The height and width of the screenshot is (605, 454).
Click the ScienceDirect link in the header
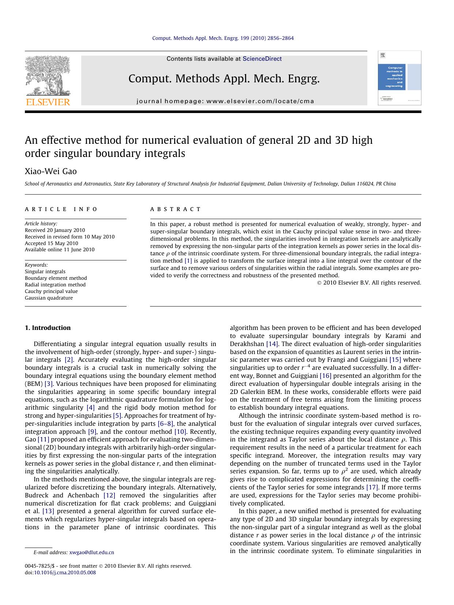262,59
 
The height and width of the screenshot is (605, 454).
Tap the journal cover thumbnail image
399,78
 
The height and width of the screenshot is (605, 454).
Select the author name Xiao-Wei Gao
50,171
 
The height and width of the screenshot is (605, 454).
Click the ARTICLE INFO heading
61,209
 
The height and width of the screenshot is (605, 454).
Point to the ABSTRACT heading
175,209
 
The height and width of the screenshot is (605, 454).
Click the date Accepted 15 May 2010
51,243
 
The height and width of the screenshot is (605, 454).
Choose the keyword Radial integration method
55,285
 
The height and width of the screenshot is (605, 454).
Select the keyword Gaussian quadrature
49,298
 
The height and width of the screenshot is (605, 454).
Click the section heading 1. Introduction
48,328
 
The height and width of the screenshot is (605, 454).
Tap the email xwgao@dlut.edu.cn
91,552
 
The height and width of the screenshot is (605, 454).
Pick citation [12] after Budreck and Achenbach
109,495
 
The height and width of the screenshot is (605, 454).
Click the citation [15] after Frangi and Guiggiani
395,360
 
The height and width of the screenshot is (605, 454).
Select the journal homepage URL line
225,101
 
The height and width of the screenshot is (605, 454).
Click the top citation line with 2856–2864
223,38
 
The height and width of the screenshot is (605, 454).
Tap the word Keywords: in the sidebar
36,265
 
